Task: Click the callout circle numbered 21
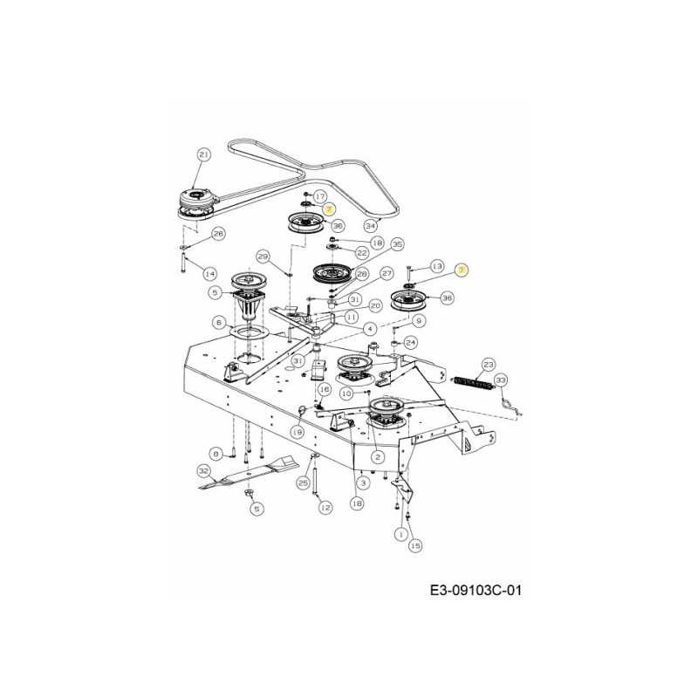tap(204, 154)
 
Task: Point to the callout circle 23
tap(489, 365)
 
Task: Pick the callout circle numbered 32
tap(204, 470)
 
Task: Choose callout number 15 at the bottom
tap(415, 545)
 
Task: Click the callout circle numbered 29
tap(263, 256)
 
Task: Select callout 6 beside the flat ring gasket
tap(220, 322)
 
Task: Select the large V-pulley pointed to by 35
tap(332, 272)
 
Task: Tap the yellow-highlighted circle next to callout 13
tap(462, 270)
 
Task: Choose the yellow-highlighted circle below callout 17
tap(329, 209)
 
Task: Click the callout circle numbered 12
tap(325, 507)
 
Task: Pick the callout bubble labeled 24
tap(410, 343)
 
